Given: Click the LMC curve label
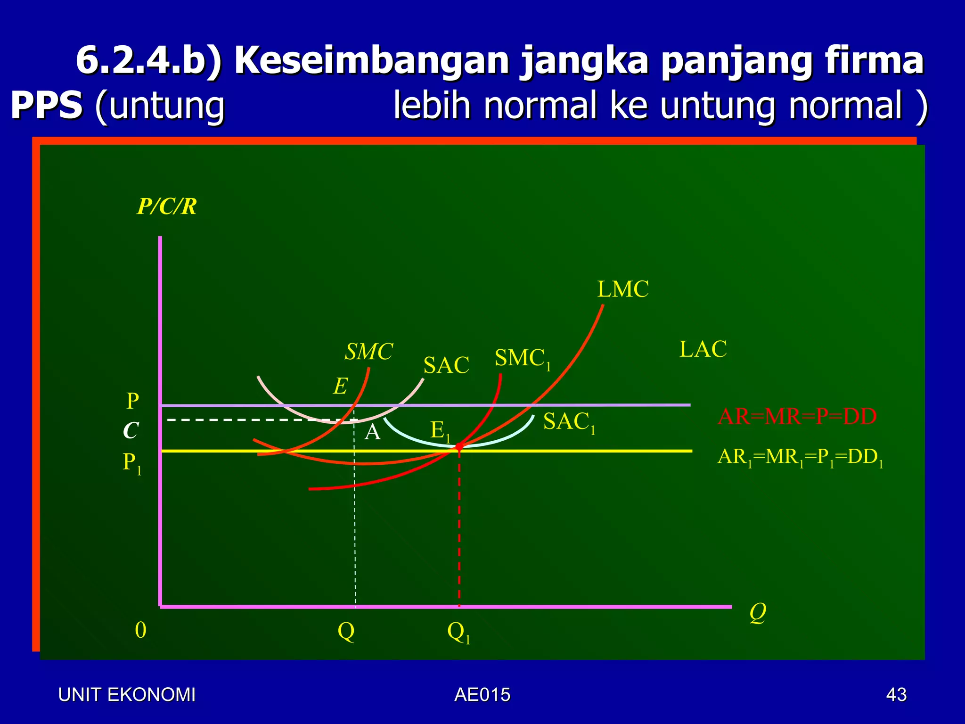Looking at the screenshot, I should pyautogui.click(x=623, y=289).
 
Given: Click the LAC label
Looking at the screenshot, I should pyautogui.click(x=703, y=350).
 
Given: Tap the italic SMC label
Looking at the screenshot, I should pyautogui.click(x=368, y=352).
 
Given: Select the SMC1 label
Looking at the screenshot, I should pyautogui.click(x=522, y=359).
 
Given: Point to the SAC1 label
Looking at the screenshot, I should pyautogui.click(x=569, y=422).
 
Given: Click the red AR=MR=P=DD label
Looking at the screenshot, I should pyautogui.click(x=797, y=417).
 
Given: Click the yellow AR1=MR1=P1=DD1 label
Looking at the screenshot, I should pyautogui.click(x=800, y=457).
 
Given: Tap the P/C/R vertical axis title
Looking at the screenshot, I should pyautogui.click(x=166, y=206).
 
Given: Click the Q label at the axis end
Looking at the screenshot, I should pyautogui.click(x=758, y=613).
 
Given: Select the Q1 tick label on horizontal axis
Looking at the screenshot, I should pyautogui.click(x=458, y=632).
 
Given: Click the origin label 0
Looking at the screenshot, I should pyautogui.click(x=140, y=630).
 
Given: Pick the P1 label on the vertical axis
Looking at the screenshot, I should pyautogui.click(x=131, y=463).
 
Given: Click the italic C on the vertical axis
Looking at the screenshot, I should pyautogui.click(x=131, y=430).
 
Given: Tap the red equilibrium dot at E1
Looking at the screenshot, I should pyautogui.click(x=459, y=446).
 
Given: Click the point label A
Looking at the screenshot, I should pyautogui.click(x=372, y=432).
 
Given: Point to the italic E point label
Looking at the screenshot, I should pyautogui.click(x=340, y=387).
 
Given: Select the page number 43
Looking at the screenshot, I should pyautogui.click(x=896, y=695).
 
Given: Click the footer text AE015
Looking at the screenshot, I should pyautogui.click(x=482, y=695).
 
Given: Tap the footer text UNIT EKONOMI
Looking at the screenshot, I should pyautogui.click(x=126, y=695).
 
